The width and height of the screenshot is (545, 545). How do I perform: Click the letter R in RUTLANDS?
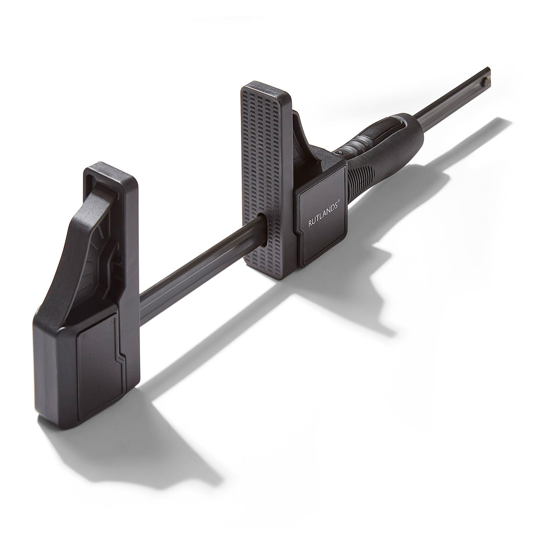point(309,224)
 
